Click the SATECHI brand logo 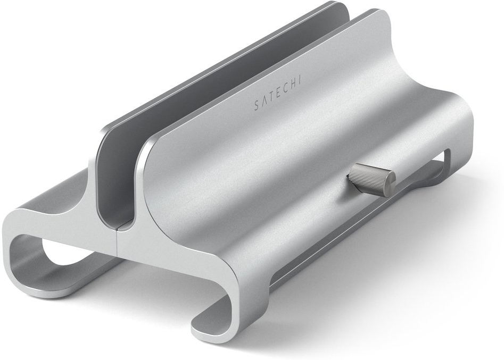[x=277, y=94]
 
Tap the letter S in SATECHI [x=256, y=106]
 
